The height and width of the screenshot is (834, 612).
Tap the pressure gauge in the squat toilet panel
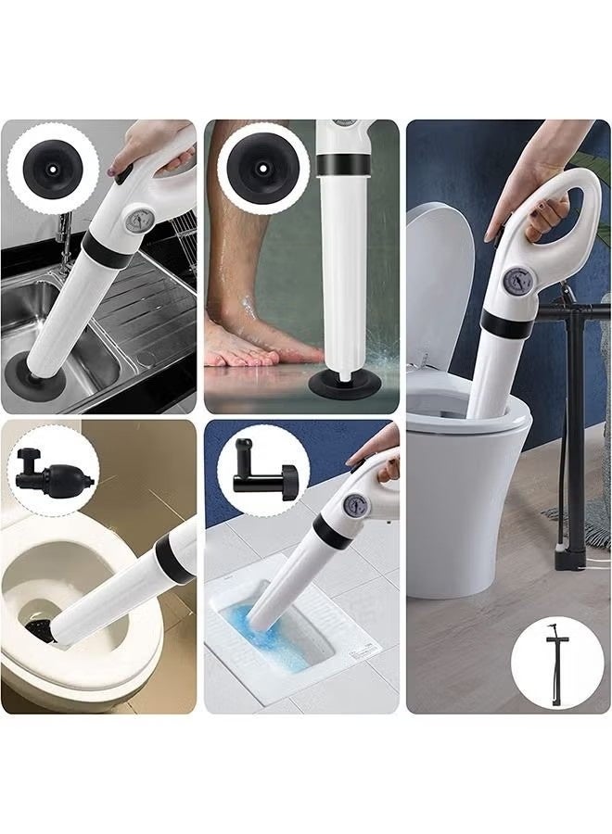click(354, 504)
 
